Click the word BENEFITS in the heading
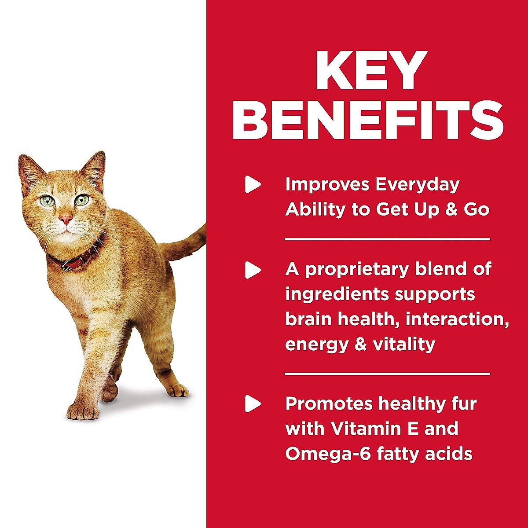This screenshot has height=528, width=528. tap(367, 120)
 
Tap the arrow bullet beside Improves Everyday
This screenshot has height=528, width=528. tap(252, 184)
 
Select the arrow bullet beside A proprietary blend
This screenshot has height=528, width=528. tap(252, 270)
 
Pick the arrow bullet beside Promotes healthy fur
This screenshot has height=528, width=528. tap(252, 403)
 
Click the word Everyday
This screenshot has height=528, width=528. tap(416, 185)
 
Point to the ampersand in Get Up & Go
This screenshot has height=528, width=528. tap(451, 209)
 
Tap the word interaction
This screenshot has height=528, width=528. tap(457, 319)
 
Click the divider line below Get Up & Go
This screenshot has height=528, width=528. tap(387, 239)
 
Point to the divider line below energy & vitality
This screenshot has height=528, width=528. tap(387, 374)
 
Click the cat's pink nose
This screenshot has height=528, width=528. tap(66, 218)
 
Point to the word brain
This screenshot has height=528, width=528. tap(308, 319)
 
